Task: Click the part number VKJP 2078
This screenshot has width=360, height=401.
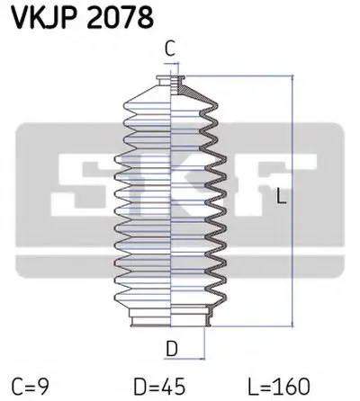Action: [82, 17]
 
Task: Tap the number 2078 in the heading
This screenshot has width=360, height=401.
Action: [121, 17]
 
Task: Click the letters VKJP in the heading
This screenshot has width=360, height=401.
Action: [45, 17]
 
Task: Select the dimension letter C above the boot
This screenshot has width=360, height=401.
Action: [170, 49]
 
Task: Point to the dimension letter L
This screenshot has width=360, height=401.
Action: [281, 195]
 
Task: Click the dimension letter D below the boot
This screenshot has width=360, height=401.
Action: [172, 349]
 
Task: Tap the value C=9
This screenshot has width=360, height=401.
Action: [31, 386]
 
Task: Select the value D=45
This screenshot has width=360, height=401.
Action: [159, 386]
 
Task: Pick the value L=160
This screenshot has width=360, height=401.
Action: [279, 386]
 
